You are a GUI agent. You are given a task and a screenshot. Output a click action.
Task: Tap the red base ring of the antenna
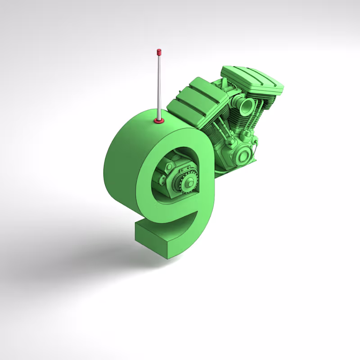158,120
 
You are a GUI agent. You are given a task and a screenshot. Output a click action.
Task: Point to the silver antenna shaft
159,85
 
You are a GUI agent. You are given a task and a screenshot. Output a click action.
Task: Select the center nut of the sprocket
189,183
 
